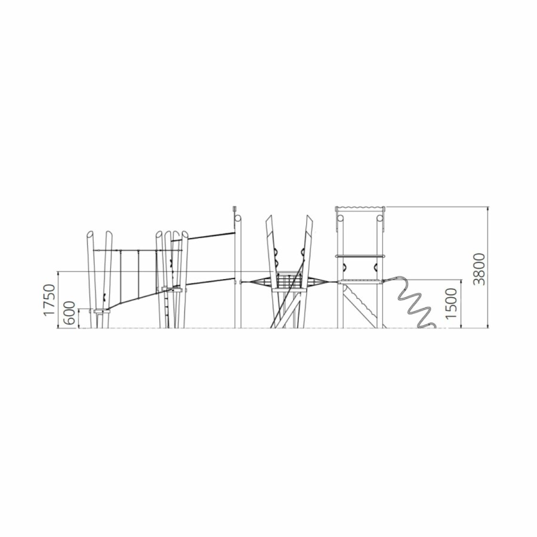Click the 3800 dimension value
[x=480, y=269]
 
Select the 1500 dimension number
[x=451, y=303]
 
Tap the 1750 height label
[x=50, y=300]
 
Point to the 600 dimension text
[x=70, y=313]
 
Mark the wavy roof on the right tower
[x=360, y=209]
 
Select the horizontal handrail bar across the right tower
[x=360, y=255]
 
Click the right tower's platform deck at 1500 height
[x=360, y=282]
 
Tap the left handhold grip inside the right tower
[x=345, y=267]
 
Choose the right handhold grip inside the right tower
[x=375, y=267]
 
